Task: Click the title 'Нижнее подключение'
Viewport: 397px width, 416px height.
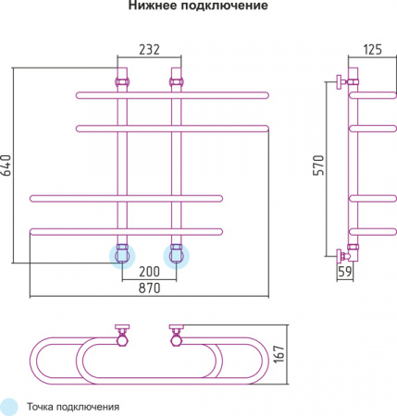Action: [x=198, y=7]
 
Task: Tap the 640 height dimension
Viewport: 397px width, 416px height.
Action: [x=7, y=165]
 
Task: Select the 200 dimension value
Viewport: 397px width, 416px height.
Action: [x=148, y=272]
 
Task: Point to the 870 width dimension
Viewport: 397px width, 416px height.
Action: [x=148, y=289]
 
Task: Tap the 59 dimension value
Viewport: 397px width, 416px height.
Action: [x=343, y=274]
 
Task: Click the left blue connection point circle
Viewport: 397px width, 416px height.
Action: [x=122, y=254]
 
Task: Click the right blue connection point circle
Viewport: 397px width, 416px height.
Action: [x=175, y=254]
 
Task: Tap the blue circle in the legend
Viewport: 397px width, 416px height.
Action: [x=9, y=406]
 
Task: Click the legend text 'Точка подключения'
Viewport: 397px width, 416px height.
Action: [x=73, y=406]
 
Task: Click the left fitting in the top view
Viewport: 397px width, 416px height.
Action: [x=121, y=334]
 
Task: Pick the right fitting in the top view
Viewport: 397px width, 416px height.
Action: [x=176, y=334]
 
